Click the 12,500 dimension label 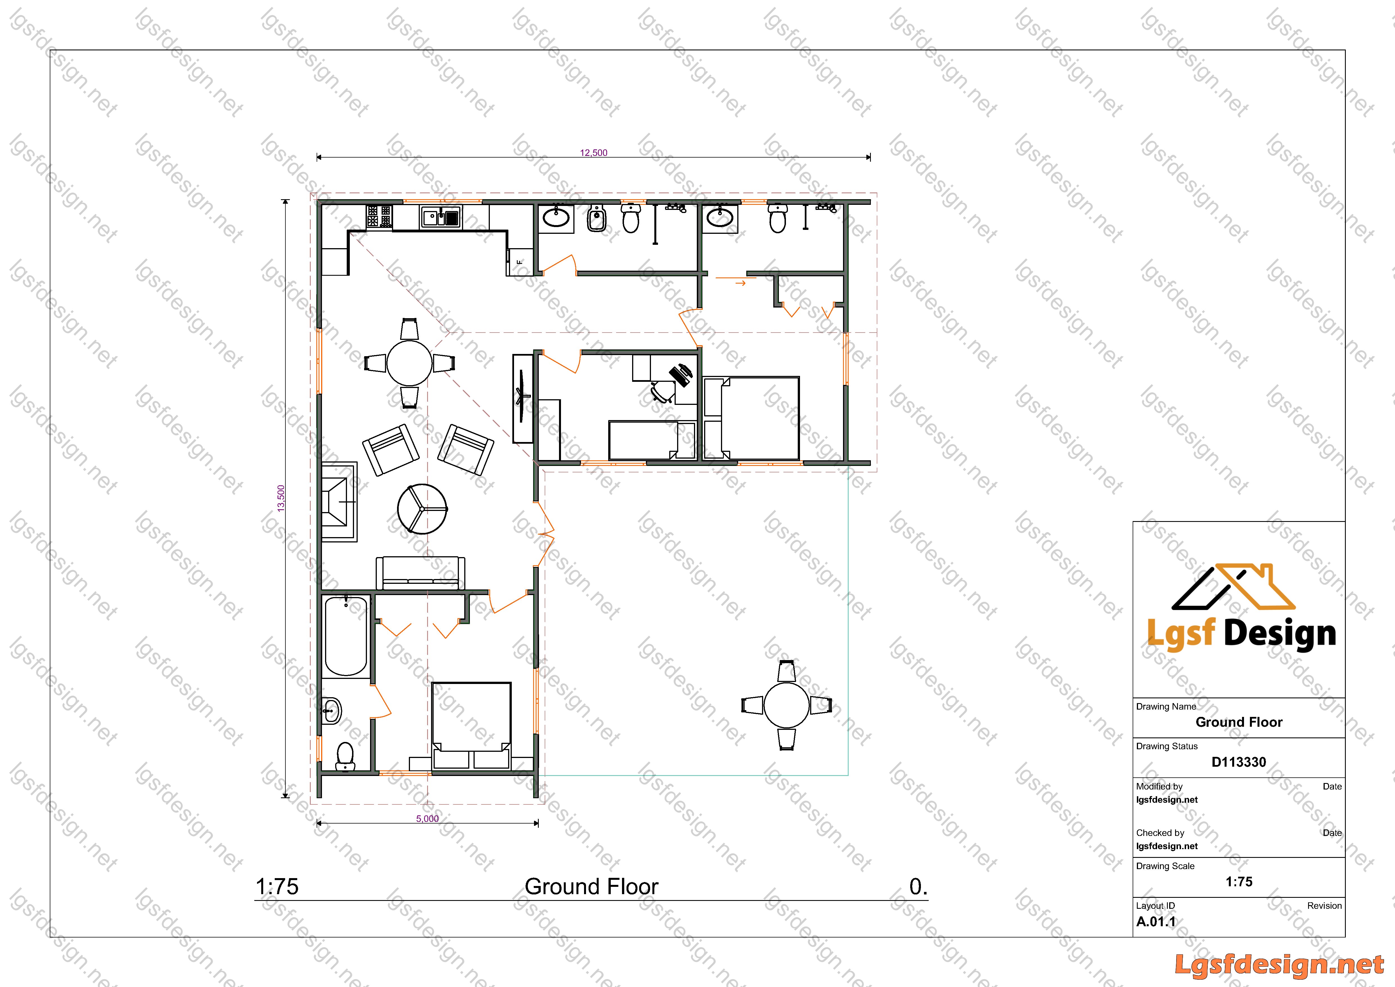pyautogui.click(x=594, y=152)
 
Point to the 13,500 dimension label pyautogui.click(x=281, y=498)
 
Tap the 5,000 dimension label pyautogui.click(x=427, y=819)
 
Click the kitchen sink pyautogui.click(x=441, y=217)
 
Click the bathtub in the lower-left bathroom pyautogui.click(x=346, y=636)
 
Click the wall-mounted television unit pyautogui.click(x=522, y=398)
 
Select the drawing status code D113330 pyautogui.click(x=1239, y=762)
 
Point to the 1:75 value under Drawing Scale pyautogui.click(x=1239, y=882)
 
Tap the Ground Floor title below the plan pyautogui.click(x=591, y=887)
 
